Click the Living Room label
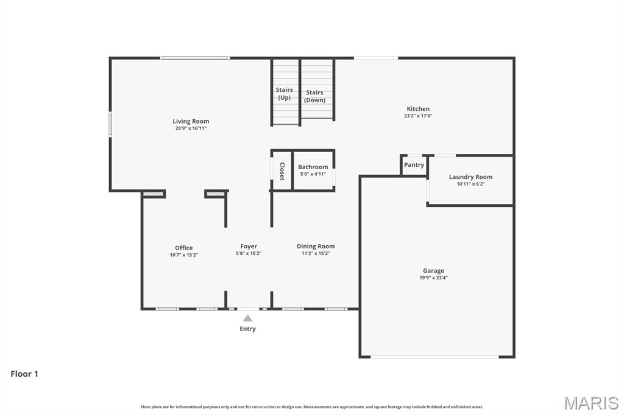pyautogui.click(x=191, y=121)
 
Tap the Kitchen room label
pyautogui.click(x=418, y=109)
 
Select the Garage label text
pyautogui.click(x=433, y=271)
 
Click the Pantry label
pyautogui.click(x=414, y=165)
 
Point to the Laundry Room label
pyautogui.click(x=470, y=177)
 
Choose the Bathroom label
pyautogui.click(x=313, y=167)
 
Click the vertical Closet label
pyautogui.click(x=282, y=171)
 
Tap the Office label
pyautogui.click(x=183, y=248)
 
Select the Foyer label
pyautogui.click(x=248, y=246)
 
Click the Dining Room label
pyautogui.click(x=316, y=246)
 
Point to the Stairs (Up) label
pyautogui.click(x=284, y=94)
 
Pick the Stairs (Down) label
pyautogui.click(x=314, y=96)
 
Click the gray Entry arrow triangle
pyautogui.click(x=247, y=318)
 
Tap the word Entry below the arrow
pyautogui.click(x=247, y=329)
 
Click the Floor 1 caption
pyautogui.click(x=24, y=374)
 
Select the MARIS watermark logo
pyautogui.click(x=591, y=402)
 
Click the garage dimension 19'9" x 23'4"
pyautogui.click(x=433, y=278)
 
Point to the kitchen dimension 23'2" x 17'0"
pyautogui.click(x=418, y=116)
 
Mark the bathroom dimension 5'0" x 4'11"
pyautogui.click(x=313, y=174)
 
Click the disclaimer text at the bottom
pyautogui.click(x=311, y=406)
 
